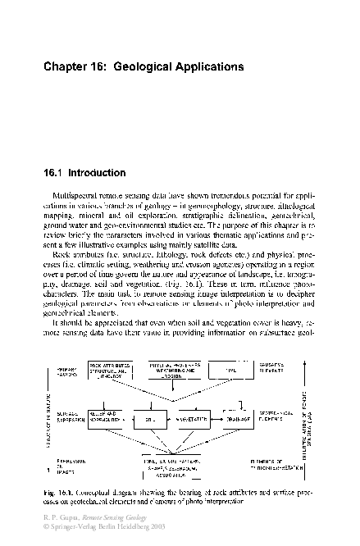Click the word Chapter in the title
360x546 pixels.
pyautogui.click(x=65, y=72)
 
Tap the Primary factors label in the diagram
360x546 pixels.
pyautogui.click(x=66, y=371)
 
